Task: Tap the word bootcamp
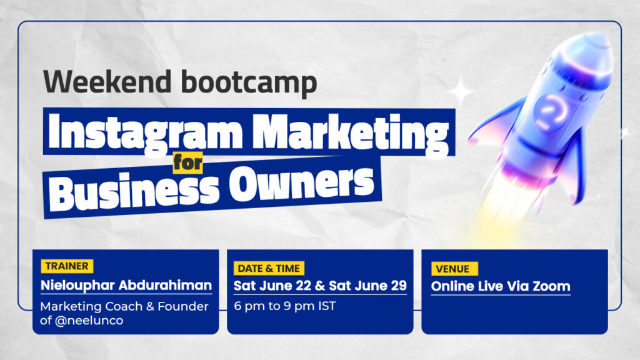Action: point(249,83)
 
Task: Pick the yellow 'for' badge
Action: point(187,163)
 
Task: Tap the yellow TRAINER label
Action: point(67,266)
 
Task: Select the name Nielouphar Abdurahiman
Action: point(126,285)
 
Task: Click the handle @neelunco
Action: point(89,321)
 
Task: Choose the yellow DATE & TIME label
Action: point(269,269)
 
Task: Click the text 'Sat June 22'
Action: point(272,286)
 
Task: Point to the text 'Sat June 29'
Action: point(367,286)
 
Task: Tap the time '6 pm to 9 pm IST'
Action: point(285,306)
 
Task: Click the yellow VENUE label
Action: point(454,269)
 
